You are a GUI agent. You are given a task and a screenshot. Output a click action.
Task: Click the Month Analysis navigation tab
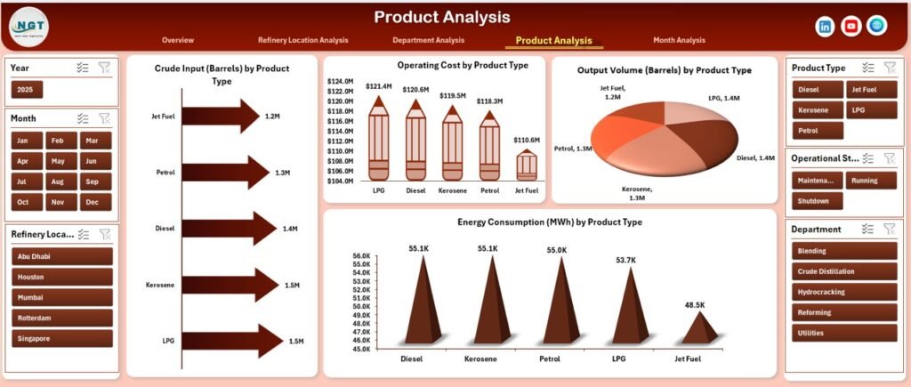click(678, 40)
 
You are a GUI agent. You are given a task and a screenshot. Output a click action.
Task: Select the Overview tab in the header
click(178, 40)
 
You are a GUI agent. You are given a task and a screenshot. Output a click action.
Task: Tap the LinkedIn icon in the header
click(825, 27)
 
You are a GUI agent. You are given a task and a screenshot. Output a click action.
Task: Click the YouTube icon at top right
click(851, 27)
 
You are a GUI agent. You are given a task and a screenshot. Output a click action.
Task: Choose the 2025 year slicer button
click(27, 90)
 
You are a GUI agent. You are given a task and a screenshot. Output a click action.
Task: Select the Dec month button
click(91, 202)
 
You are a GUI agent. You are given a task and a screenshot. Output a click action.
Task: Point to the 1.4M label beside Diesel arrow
click(290, 229)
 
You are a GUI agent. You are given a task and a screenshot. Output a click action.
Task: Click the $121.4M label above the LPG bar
click(378, 86)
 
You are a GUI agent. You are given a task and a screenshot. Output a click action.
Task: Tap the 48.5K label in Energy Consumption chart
click(695, 305)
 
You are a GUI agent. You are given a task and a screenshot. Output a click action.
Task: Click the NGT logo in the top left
click(29, 28)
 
